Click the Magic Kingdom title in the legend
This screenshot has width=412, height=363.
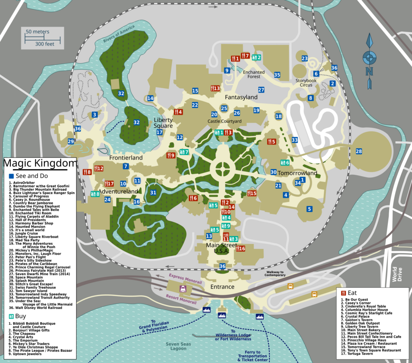pyautogui.click(x=40, y=164)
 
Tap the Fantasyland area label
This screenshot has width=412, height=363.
pyautogui.click(x=241, y=97)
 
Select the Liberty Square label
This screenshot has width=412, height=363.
pyautogui.click(x=163, y=123)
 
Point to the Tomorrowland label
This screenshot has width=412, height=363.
pyautogui.click(x=297, y=173)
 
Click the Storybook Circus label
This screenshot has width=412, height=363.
pyautogui.click(x=309, y=83)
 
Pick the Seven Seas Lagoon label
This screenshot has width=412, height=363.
pyautogui.click(x=178, y=346)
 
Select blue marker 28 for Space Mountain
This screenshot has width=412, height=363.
pyautogui.click(x=358, y=151)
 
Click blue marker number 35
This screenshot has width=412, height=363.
pyautogui.click(x=277, y=75)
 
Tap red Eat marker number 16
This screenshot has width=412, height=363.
pyautogui.click(x=240, y=249)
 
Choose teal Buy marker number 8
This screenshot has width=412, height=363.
pyautogui.click(x=95, y=194)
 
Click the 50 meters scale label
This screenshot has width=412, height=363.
pyautogui.click(x=37, y=31)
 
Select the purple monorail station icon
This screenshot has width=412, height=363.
pyautogui.click(x=183, y=288)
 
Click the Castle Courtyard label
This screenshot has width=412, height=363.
pyautogui.click(x=225, y=121)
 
